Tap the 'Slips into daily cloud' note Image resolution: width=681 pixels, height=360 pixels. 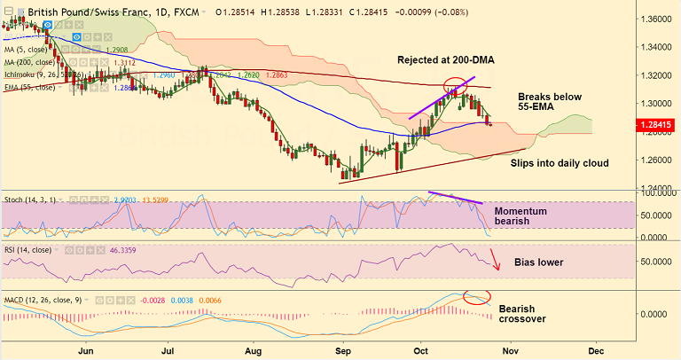pos(560,163)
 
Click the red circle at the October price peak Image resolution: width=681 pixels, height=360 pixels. pos(456,87)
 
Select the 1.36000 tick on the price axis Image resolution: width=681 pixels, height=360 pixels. pos(657,19)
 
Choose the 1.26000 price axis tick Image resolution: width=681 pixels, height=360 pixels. pos(657,160)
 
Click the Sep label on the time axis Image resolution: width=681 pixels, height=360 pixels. pos(344,351)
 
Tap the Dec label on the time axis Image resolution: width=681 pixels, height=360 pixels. pos(595,351)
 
